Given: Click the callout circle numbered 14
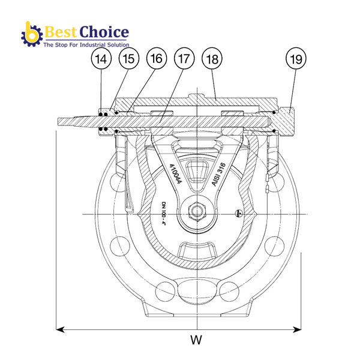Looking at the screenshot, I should click(101, 59).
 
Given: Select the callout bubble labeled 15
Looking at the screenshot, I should click(128, 59).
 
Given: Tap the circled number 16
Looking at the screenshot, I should click(155, 59).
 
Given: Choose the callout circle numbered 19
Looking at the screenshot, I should click(296, 59).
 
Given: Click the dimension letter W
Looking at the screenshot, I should click(196, 340).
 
